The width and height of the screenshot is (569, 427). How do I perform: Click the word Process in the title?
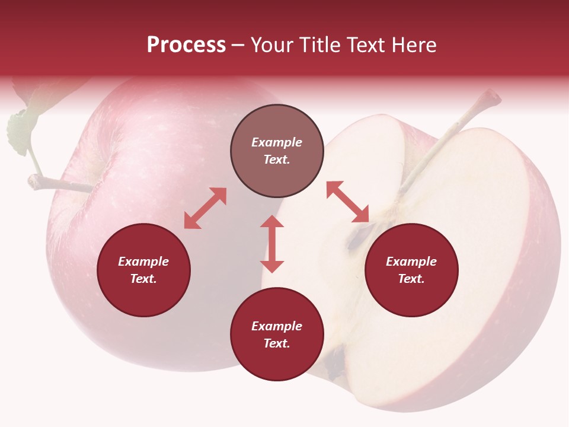click(x=186, y=44)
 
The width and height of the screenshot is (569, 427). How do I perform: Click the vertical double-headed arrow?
click(x=272, y=244)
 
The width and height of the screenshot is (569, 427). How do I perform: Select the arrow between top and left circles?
click(x=205, y=208)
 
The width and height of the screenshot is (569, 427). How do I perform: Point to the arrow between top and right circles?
click(x=348, y=202)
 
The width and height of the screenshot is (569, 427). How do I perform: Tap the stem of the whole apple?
click(x=59, y=184)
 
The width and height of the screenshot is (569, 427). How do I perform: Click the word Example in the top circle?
click(x=277, y=142)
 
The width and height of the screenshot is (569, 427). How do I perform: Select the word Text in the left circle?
click(x=143, y=279)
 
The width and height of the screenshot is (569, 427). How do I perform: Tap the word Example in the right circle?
click(x=411, y=262)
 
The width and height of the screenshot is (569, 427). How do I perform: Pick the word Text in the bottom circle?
click(x=277, y=343)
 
